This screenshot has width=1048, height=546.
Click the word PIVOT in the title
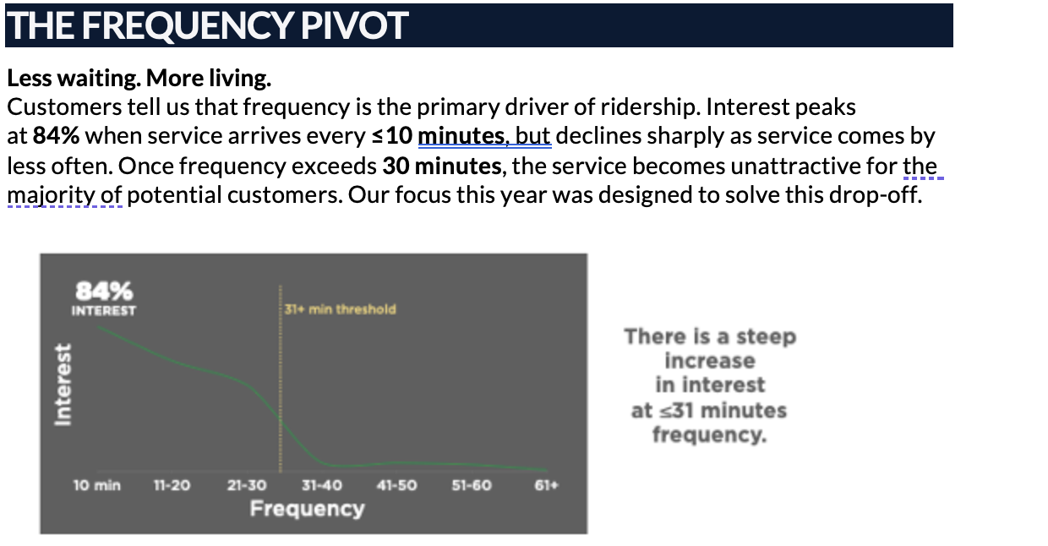click(x=355, y=25)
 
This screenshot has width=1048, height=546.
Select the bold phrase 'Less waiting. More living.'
click(x=139, y=78)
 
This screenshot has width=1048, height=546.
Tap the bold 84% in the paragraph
click(x=56, y=136)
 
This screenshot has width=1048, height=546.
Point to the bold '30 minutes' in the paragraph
click(x=442, y=167)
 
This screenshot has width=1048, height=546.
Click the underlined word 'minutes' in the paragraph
click(x=461, y=136)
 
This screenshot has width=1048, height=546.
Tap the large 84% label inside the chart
click(x=104, y=291)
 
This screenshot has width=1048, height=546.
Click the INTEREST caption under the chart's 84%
click(x=104, y=311)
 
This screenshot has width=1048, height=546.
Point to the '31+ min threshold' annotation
click(x=340, y=309)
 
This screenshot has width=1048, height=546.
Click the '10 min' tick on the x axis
click(x=97, y=485)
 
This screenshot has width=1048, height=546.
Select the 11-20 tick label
click(x=172, y=485)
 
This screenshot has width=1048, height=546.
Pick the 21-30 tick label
click(x=247, y=485)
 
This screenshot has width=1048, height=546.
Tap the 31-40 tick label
click(x=321, y=485)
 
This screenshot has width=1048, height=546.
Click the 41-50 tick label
click(x=396, y=485)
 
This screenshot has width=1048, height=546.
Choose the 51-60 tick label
click(x=472, y=485)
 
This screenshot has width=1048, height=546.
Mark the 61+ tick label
click(x=547, y=485)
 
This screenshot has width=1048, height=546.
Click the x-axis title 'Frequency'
click(x=307, y=509)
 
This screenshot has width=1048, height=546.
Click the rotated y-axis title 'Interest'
click(x=63, y=385)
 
